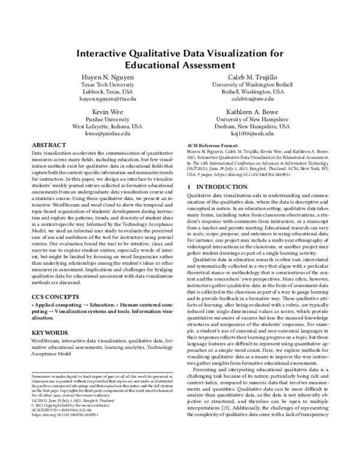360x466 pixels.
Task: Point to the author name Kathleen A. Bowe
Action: pyautogui.click(x=253, y=112)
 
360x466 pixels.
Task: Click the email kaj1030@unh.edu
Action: pyautogui.click(x=253, y=135)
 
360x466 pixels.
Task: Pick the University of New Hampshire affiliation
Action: pyautogui.click(x=253, y=120)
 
